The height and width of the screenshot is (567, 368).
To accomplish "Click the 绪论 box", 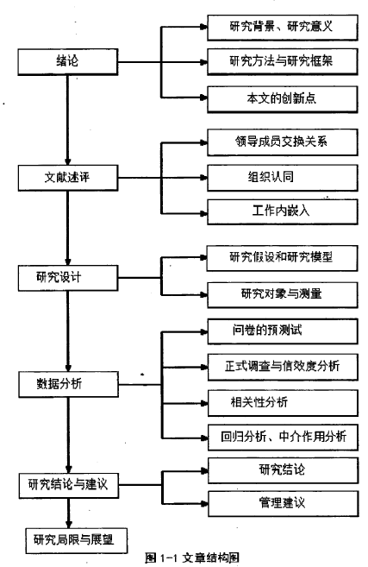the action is (x=68, y=62).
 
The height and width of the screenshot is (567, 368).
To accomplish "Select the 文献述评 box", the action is (x=68, y=178).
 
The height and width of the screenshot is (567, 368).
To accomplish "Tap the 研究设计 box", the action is (x=68, y=278).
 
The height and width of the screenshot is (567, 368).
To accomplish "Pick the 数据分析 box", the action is (x=68, y=384).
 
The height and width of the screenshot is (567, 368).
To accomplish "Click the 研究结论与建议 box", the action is (x=69, y=485).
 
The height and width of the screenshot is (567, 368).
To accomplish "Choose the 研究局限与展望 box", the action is (x=76, y=540).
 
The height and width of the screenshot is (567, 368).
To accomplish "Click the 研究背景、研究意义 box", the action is (x=283, y=28).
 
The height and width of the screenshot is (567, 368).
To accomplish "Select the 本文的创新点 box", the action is (x=283, y=98).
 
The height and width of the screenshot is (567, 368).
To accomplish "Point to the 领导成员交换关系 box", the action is (x=283, y=142).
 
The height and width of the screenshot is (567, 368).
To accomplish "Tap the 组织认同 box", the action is (x=283, y=178).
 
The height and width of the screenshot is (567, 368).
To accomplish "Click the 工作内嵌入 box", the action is (x=283, y=211).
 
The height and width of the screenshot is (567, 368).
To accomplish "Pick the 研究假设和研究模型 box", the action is (x=282, y=258).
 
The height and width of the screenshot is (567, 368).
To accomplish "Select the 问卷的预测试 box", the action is (x=283, y=331).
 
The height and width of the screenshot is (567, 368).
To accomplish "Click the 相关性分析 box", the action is (x=284, y=402).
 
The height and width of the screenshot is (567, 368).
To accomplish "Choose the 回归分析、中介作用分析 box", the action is (x=284, y=438).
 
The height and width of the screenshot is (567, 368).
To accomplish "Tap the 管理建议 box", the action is (x=284, y=503).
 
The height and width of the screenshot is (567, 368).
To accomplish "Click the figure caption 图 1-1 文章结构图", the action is (x=192, y=558).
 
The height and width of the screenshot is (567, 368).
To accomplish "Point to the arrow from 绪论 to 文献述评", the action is (x=67, y=120).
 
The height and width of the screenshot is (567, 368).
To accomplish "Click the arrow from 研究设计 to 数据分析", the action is (x=68, y=331).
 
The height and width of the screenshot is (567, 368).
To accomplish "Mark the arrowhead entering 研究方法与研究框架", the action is (x=203, y=62).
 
